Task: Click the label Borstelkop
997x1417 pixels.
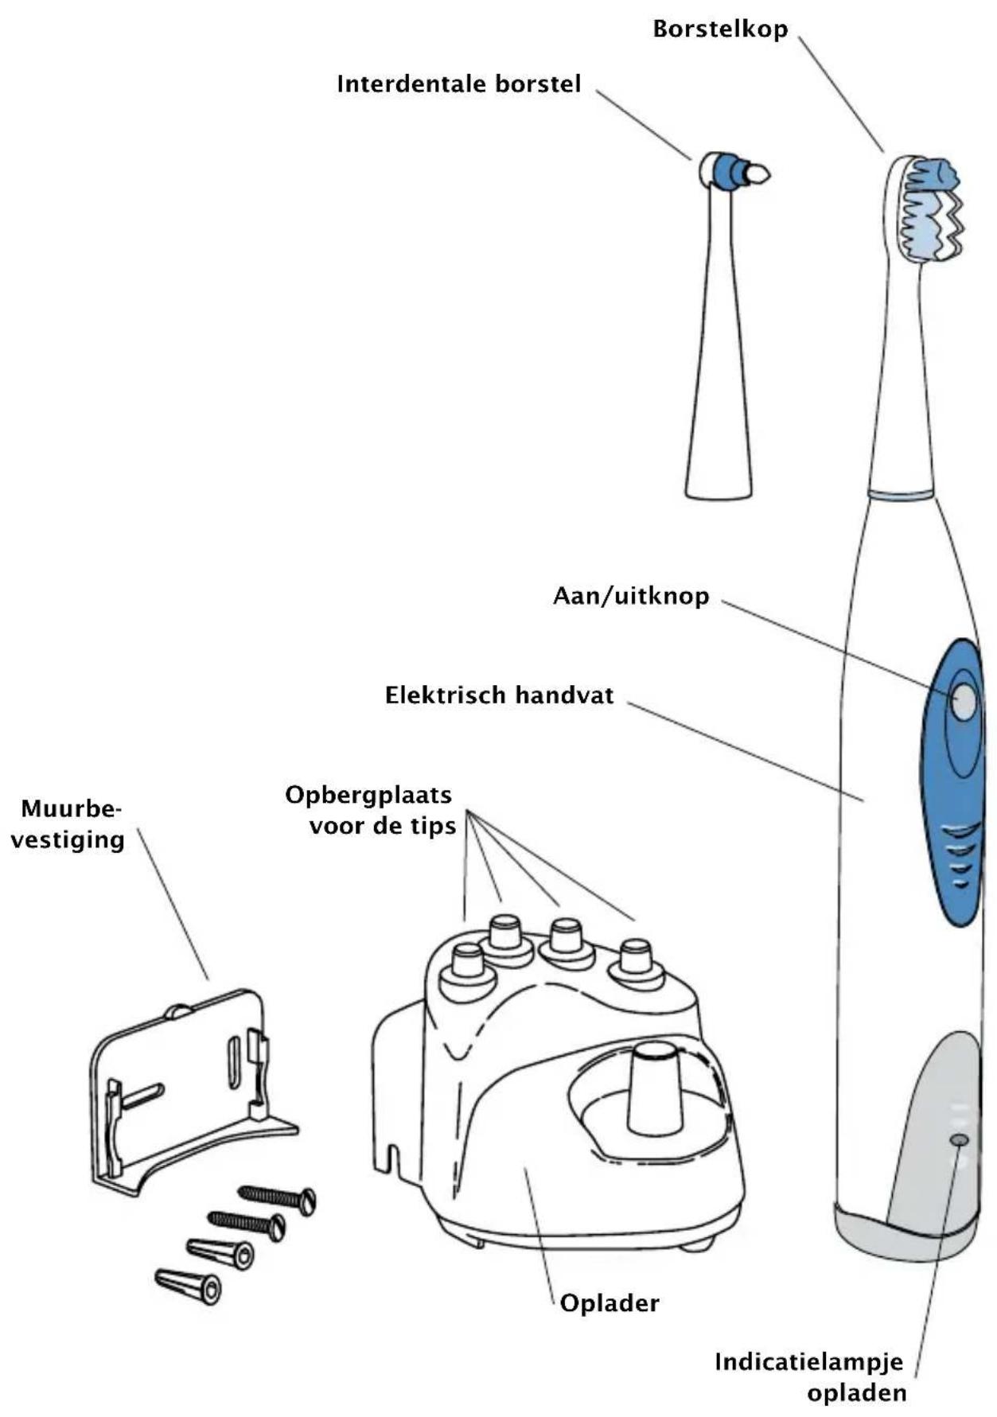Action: [719, 29]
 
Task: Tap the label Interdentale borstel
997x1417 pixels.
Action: [458, 84]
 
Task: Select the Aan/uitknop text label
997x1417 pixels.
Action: [630, 596]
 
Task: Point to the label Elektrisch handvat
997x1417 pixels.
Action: [499, 695]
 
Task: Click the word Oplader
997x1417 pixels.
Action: [609, 1304]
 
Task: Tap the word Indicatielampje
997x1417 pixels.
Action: [808, 1362]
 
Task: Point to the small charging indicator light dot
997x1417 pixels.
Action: [960, 1140]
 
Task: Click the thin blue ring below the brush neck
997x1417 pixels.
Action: [900, 494]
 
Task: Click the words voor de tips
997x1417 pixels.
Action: [383, 826]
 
